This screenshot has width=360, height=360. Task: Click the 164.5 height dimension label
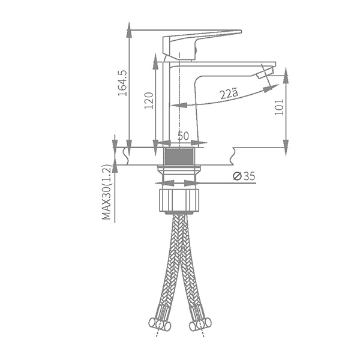[122, 83]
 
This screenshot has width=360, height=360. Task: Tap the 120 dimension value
[149, 101]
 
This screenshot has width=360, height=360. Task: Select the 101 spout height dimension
[280, 107]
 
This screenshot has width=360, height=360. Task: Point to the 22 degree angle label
[229, 94]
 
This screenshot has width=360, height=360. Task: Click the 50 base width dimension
[184, 136]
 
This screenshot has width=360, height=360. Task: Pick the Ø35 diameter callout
[244, 176]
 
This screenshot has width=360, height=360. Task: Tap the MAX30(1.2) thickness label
[106, 192]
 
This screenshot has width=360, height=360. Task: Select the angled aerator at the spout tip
[265, 73]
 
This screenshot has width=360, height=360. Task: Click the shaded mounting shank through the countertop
[179, 156]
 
